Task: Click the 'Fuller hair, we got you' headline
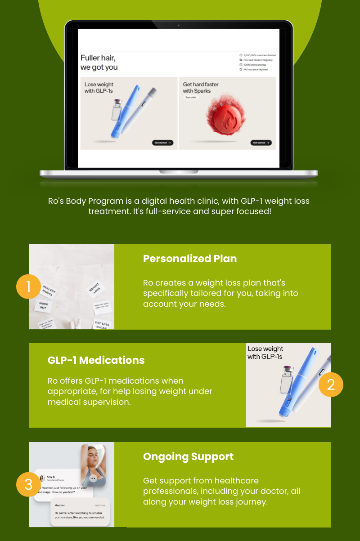[99, 63]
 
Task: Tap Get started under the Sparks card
[261, 143]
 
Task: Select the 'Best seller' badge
[191, 97]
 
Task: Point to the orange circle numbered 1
[28, 286]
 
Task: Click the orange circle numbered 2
[331, 385]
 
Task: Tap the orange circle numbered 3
[28, 484]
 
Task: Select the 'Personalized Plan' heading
[189, 259]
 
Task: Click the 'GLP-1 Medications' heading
[96, 360]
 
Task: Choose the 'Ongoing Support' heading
[188, 456]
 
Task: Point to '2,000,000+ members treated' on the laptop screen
[259, 55]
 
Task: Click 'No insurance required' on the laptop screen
[255, 70]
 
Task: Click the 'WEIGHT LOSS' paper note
[94, 288]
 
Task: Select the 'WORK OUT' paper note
[43, 305]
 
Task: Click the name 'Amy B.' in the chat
[51, 477]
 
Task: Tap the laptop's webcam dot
[179, 26]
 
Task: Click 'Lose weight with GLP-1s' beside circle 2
[265, 353]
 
